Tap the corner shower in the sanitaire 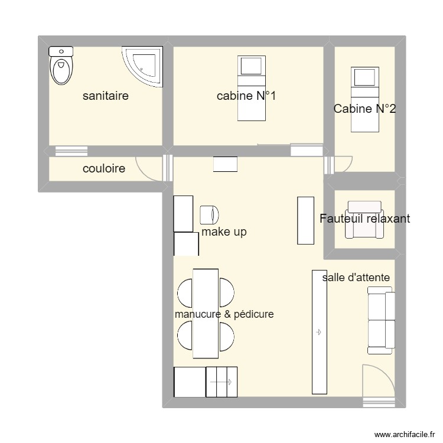coord(144,66)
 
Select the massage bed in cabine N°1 coord(252,88)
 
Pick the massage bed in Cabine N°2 coord(364,99)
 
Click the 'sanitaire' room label coord(106,96)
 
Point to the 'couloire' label coord(104,169)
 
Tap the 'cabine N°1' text coord(246,96)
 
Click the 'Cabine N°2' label coord(364,109)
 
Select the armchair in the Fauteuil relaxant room coord(364,219)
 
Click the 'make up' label coord(224,232)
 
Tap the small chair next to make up coord(209,214)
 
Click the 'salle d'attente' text coord(356,277)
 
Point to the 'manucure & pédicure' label coord(224,314)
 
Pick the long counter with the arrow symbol coord(319,332)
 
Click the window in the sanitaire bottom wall coord(68,151)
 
